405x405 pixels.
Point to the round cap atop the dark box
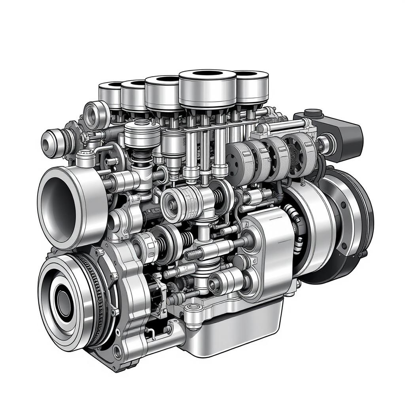tap(314, 113)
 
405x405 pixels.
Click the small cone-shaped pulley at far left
tap(53, 140)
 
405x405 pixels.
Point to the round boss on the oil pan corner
tap(193, 307)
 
